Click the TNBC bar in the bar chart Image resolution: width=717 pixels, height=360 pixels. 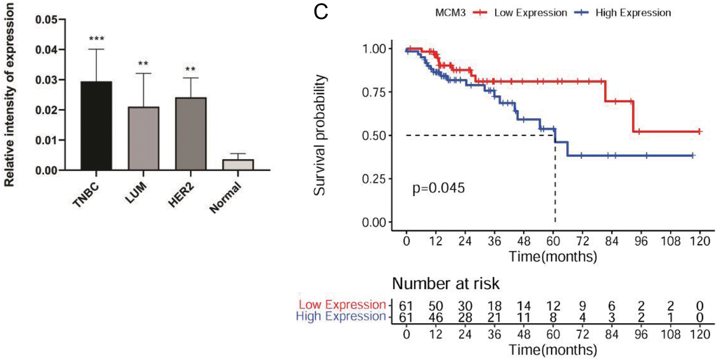pos(96,126)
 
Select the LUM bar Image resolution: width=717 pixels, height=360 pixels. pos(143,138)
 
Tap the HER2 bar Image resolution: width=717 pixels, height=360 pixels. pos(191,134)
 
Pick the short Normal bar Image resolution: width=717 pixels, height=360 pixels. pos(238,165)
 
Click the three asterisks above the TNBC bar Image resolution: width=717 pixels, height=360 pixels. pos(96,39)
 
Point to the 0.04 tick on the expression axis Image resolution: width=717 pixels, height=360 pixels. pos(46,50)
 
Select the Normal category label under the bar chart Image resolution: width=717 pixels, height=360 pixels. pos(225,198)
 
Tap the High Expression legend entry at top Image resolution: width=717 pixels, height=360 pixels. pos(633,13)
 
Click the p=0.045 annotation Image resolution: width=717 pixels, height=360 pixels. pos(438,188)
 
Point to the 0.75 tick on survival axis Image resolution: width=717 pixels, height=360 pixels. pos(374,92)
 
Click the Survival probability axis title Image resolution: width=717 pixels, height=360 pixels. pos(319,135)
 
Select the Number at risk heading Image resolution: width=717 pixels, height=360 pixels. pos(445,283)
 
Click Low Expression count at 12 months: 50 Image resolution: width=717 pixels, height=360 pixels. pos(435,306)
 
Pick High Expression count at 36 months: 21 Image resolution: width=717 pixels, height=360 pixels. pos(494,317)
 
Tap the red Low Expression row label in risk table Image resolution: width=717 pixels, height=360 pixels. pos(342,305)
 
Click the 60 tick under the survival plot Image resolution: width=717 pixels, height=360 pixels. pos(553,241)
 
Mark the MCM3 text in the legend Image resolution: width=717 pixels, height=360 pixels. pos(450,13)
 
